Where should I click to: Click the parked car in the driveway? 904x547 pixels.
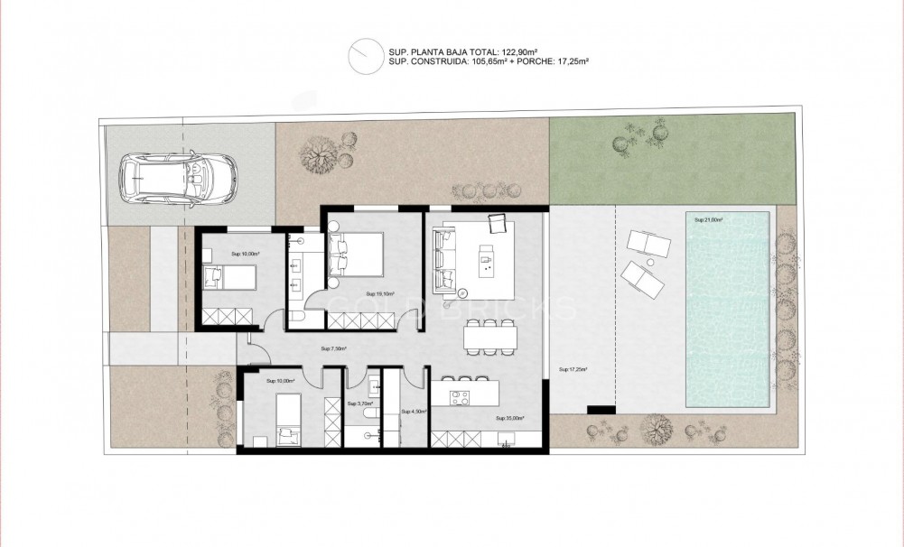coord(179,177)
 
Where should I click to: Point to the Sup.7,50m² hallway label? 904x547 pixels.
coord(334,348)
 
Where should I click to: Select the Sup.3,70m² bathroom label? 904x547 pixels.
coord(359,404)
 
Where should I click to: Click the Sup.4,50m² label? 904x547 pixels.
coord(414,412)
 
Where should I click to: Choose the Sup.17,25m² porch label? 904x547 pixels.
coord(573,369)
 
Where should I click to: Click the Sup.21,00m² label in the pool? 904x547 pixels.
coord(710,219)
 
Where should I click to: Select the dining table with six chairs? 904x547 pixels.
coord(490,338)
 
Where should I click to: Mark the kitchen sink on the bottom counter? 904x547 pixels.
coord(506,440)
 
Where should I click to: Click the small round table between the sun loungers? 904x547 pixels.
coord(648,256)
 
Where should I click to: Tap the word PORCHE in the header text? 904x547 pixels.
coord(532,61)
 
